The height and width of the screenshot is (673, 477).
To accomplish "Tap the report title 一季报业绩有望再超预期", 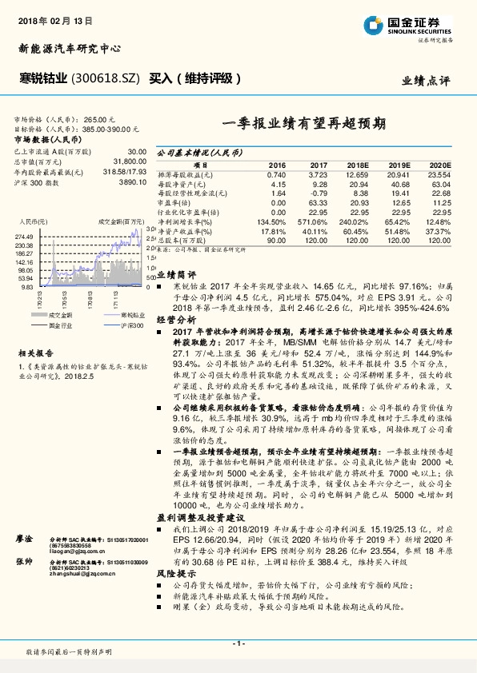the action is pyautogui.click(x=303, y=125).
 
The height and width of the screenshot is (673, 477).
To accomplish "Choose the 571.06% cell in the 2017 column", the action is pyautogui.click(x=309, y=221).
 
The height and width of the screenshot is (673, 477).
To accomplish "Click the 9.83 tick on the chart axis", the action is pyautogui.click(x=27, y=285).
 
